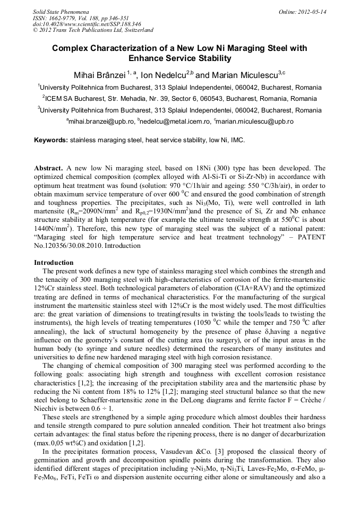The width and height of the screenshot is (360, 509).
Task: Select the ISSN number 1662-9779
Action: [66, 18]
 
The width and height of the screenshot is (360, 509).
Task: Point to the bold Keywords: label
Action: [51, 140]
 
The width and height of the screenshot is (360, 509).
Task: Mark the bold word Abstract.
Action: [48, 168]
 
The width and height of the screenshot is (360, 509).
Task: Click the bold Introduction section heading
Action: [54, 263]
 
